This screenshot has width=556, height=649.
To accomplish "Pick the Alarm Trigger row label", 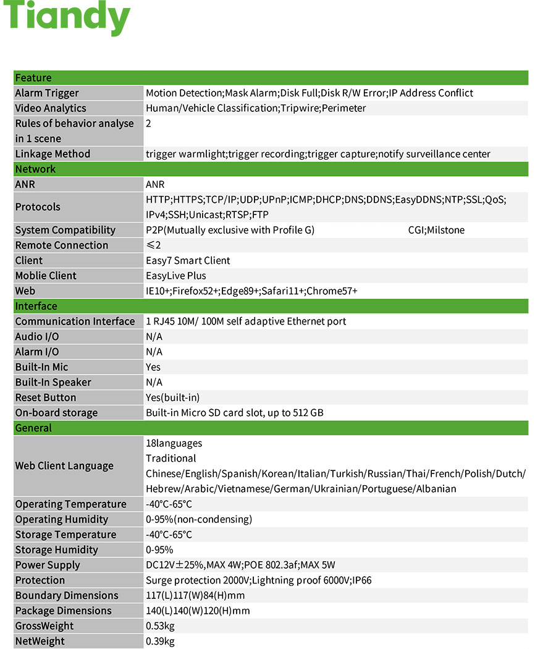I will point(47,93).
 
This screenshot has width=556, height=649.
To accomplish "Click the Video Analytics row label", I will point(51,108).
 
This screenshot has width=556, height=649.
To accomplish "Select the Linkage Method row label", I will point(53,154).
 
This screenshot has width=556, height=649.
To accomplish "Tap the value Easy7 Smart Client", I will point(188,261).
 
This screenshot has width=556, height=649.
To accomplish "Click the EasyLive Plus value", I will point(176,276).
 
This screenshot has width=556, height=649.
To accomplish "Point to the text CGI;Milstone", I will point(436,231).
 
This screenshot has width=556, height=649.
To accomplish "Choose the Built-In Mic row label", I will point(41,367).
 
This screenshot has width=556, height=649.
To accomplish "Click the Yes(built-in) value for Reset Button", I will point(172,397).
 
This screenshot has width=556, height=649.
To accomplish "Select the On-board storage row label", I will point(56,413).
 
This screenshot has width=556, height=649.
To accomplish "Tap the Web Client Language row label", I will point(64,466).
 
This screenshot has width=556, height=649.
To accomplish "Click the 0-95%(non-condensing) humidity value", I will point(199,519).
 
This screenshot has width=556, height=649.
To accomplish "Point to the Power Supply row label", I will point(48,565).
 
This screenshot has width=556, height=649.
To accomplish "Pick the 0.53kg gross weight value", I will point(160,626).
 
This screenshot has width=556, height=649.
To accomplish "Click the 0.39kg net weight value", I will point(160,641).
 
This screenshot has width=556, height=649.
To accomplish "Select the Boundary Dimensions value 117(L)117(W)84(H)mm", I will point(195,596).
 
